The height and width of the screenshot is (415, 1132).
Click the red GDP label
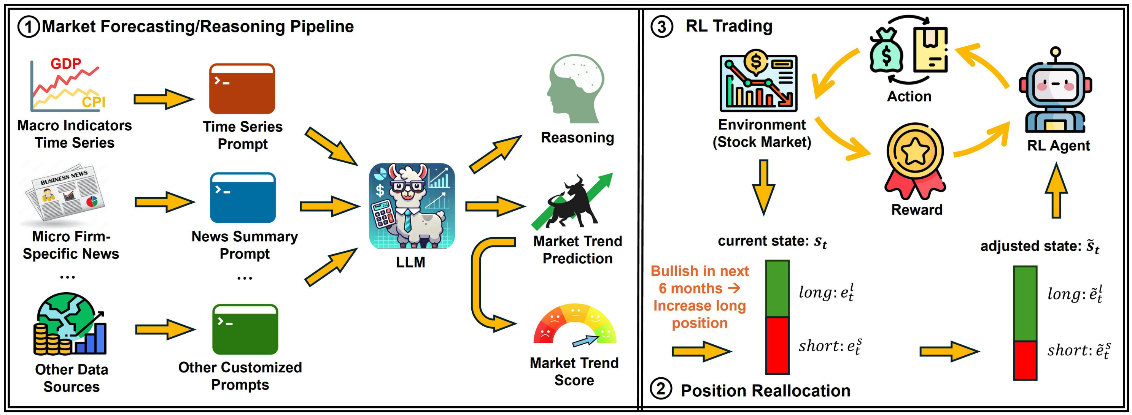[65, 64]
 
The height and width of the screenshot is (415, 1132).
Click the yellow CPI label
[94, 102]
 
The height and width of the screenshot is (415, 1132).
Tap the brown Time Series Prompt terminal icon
[242, 89]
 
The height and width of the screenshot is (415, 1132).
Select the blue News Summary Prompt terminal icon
[243, 198]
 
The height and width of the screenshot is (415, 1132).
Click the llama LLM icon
[412, 206]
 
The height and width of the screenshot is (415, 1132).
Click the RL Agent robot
[1056, 92]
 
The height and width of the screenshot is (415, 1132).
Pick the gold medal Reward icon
[915, 160]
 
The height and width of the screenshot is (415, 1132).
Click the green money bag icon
[886, 51]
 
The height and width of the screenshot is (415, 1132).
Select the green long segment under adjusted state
[1025, 303]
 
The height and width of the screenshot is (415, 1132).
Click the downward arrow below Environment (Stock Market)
[763, 187]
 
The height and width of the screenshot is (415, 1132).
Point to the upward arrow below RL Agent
[1056, 191]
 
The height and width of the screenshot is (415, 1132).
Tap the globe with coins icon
[70, 325]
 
